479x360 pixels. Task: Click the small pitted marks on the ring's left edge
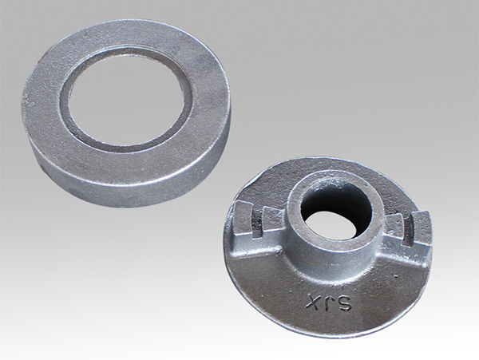coord(29,98)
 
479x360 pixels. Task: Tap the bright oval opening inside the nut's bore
coord(331,225)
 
